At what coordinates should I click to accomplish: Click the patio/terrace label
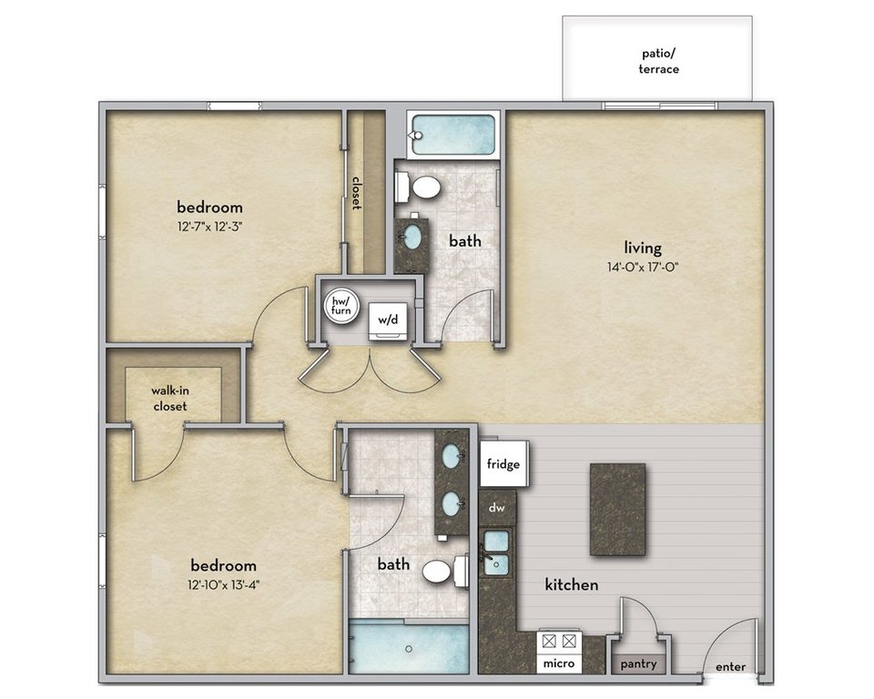658,61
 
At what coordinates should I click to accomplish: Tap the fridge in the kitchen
503,463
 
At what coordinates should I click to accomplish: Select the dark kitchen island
617,510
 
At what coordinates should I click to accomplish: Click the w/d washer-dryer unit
389,321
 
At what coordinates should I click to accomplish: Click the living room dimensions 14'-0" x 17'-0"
643,267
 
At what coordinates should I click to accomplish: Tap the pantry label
639,664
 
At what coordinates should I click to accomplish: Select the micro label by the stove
559,664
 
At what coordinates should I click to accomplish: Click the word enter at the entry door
730,666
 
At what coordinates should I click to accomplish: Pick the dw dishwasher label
497,508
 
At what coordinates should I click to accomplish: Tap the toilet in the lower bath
445,571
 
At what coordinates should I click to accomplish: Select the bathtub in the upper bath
452,135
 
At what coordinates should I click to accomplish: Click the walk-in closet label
170,399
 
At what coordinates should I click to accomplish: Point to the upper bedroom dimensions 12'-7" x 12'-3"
209,227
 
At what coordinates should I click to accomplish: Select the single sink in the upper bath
412,237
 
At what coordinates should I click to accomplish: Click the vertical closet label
356,194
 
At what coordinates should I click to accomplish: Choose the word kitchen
572,584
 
